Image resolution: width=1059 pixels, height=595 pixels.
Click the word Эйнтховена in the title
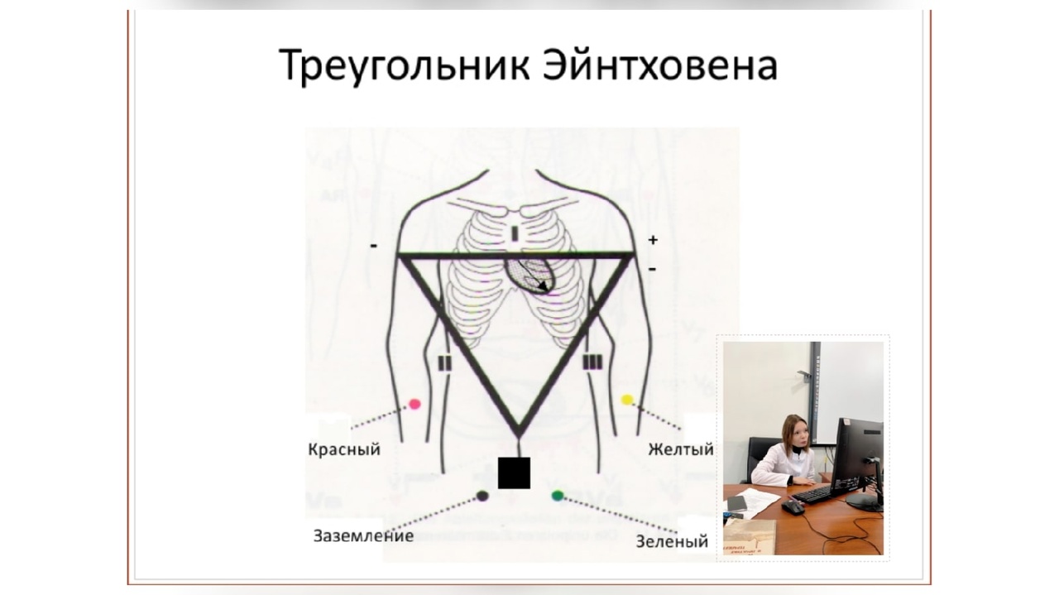pos(660,65)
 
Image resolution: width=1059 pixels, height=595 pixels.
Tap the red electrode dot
pos(414,405)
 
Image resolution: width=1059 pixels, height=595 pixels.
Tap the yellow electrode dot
pos(627,401)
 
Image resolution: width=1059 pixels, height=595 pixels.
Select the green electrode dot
pos(558,496)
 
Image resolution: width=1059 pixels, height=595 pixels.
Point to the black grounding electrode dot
pos(482,496)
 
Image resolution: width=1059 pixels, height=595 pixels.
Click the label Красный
pos(344,449)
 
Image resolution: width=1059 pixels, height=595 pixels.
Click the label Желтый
pos(681,449)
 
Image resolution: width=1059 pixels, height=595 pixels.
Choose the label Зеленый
pos(672,541)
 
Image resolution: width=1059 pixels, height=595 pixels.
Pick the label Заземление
pos(363,536)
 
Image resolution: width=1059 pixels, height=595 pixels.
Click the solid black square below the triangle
pos(514,473)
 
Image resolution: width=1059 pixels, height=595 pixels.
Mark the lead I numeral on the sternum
pos(515,234)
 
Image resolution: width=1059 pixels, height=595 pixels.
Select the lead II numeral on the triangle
pos(445,363)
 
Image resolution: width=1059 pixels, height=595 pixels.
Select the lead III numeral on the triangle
pos(592,362)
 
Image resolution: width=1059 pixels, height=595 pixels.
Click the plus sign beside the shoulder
pos(653,240)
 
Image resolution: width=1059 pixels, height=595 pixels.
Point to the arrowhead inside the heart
pos(544,286)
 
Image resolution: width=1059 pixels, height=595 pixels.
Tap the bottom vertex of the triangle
pos(519,436)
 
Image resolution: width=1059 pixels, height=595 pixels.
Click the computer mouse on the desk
pos(793,507)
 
